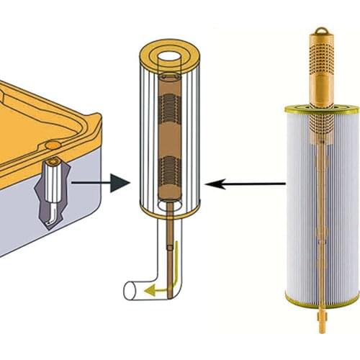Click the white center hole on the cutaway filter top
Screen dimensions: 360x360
click(171, 55)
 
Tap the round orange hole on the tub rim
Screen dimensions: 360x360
click(52, 146)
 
